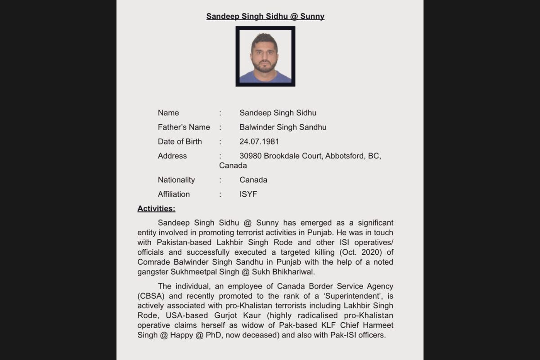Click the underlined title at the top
[x=265, y=17]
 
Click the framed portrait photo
[x=265, y=56]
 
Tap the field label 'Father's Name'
[x=184, y=127]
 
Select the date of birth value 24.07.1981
[x=259, y=142]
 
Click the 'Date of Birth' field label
[x=180, y=142]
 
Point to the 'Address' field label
[x=172, y=156]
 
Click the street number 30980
[x=250, y=156]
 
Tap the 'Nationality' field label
[x=176, y=180]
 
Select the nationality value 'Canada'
[x=253, y=180]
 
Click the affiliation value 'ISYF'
[x=248, y=194]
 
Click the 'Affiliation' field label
[x=174, y=194]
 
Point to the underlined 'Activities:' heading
[x=156, y=209]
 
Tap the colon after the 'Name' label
[x=220, y=113]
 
